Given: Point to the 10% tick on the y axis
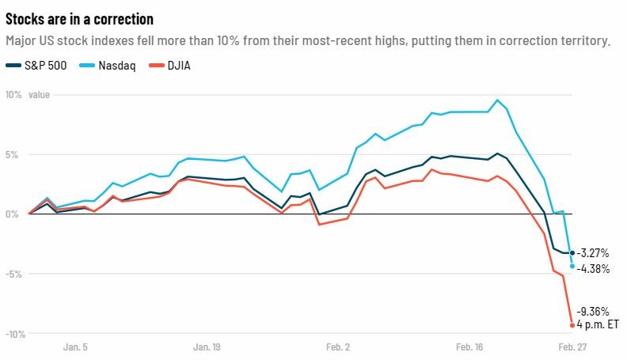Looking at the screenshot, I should tap(13, 95).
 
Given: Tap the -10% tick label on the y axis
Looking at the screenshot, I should tap(13, 334).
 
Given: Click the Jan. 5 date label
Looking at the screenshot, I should tap(74, 347).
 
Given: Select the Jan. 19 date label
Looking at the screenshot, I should tap(206, 347).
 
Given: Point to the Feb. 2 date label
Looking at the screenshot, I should tap(337, 347).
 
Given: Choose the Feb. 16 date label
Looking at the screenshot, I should tap(469, 347).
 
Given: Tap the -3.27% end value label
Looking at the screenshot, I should tap(593, 253).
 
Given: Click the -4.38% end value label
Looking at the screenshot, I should tap(593, 269).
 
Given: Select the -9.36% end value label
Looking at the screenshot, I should tap(593, 311).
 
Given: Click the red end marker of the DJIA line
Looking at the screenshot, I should tap(572, 324).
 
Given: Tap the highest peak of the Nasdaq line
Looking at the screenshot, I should tap(497, 100).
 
